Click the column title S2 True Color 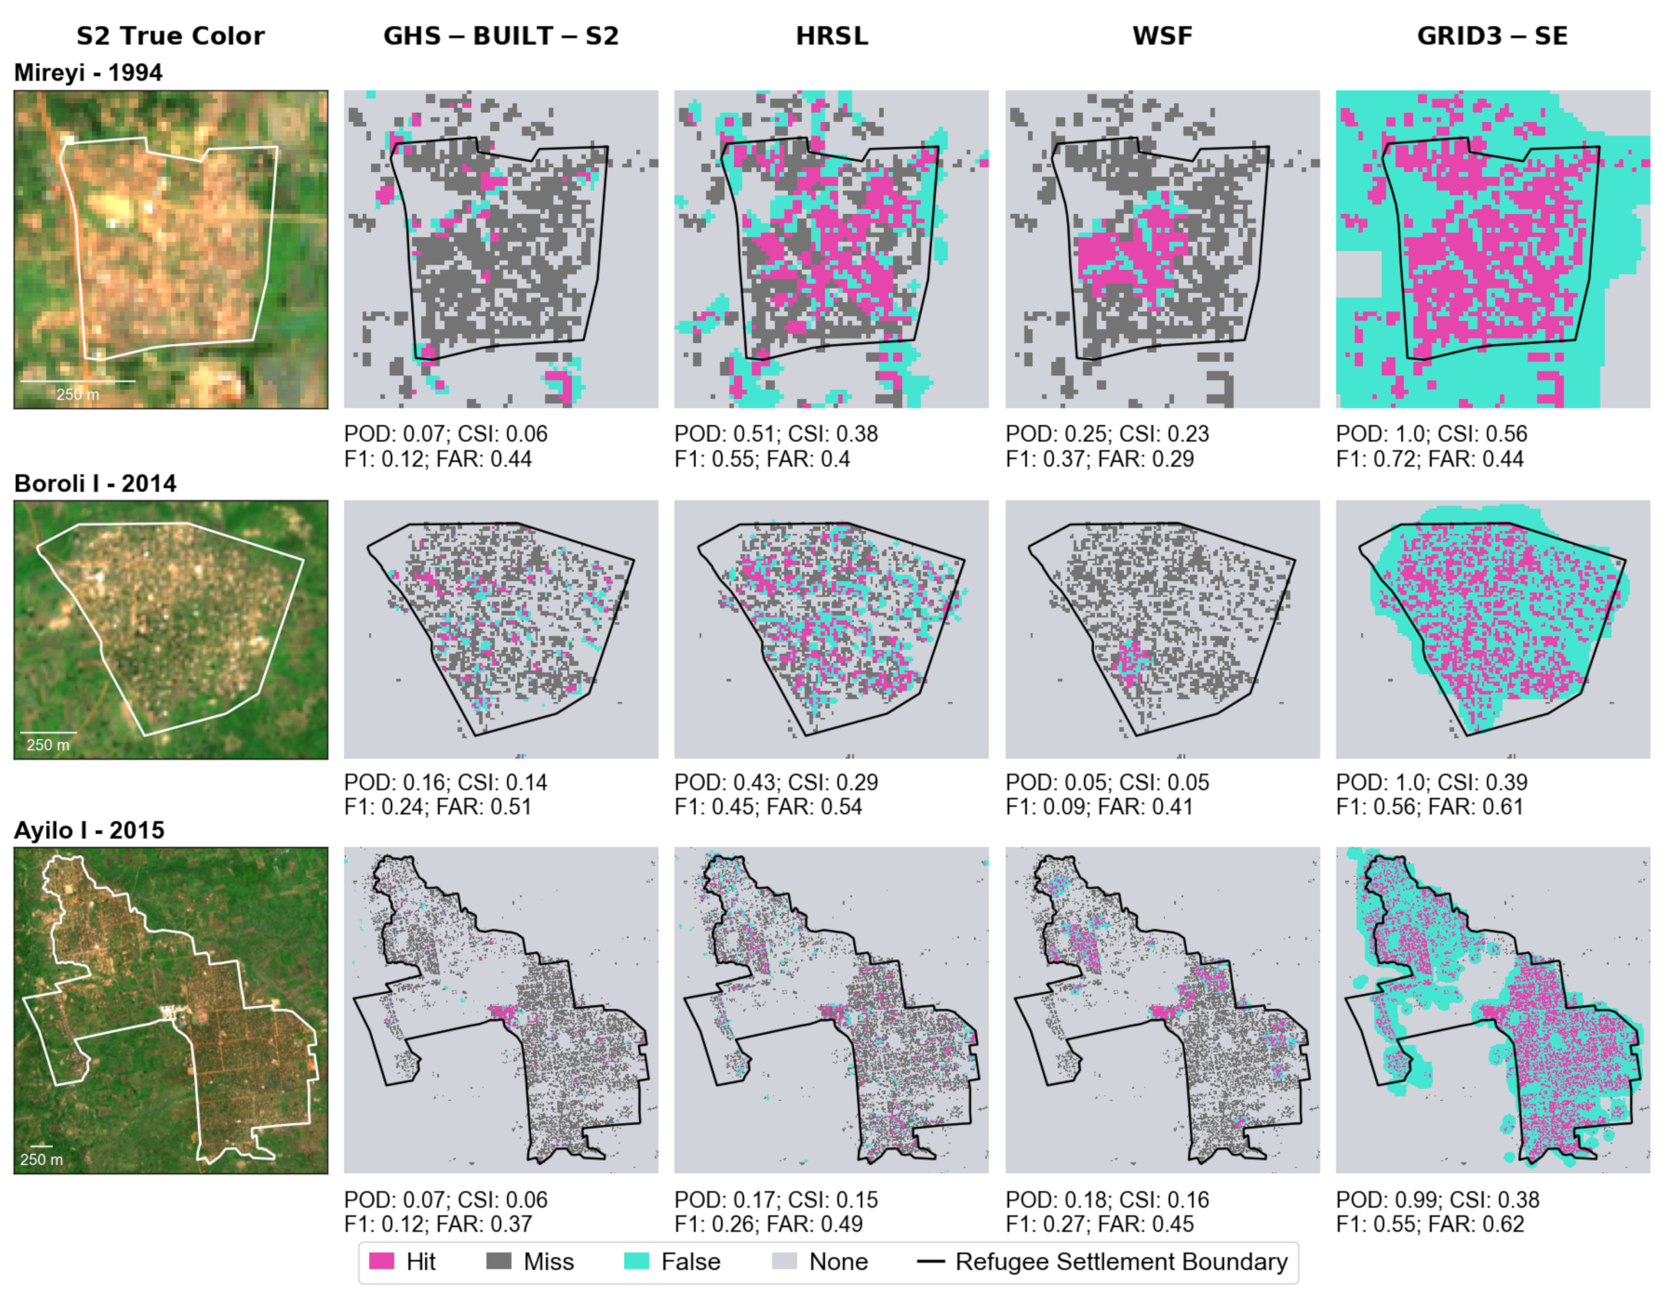coord(170,36)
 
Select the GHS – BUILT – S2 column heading coord(500,36)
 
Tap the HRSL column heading coord(832,36)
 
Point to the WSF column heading coord(1162,36)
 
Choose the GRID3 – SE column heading coord(1492,36)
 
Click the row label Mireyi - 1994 coord(88,73)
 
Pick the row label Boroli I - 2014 coord(95,483)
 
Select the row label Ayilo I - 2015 coord(89,830)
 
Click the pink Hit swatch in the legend coord(381,1261)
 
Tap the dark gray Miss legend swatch coord(499,1261)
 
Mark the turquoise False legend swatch coord(636,1261)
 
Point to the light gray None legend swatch coord(784,1261)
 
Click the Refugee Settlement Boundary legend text coord(1121,1261)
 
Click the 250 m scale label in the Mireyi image coord(77,394)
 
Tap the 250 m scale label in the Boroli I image coord(48,744)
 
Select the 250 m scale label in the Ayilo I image coord(41,1159)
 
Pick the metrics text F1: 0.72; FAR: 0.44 coord(1429,459)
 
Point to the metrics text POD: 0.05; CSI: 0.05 coord(1107,782)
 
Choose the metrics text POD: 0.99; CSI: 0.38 coord(1438,1199)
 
